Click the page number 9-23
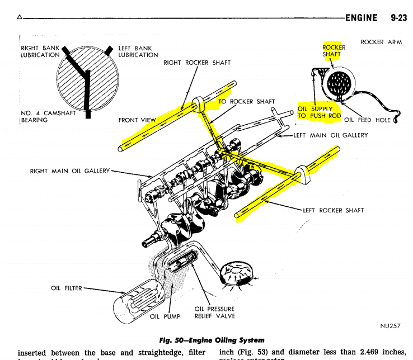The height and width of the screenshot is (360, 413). click(x=398, y=18)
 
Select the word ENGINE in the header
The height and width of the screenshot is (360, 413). click(x=362, y=18)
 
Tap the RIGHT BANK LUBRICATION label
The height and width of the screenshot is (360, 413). click(x=40, y=51)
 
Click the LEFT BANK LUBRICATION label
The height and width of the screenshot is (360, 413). click(x=138, y=51)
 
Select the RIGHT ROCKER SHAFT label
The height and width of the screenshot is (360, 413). click(x=197, y=63)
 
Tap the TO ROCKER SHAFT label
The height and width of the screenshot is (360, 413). click(x=246, y=102)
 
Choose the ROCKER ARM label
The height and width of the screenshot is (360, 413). click(x=381, y=42)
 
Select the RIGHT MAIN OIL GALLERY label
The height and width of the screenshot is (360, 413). click(x=70, y=170)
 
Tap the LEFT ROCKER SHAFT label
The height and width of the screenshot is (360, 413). click(x=333, y=210)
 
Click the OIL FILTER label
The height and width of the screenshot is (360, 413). click(x=66, y=288)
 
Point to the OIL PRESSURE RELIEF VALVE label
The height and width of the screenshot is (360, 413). click(x=214, y=312)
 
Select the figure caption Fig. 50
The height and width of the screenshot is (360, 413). click(x=212, y=340)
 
